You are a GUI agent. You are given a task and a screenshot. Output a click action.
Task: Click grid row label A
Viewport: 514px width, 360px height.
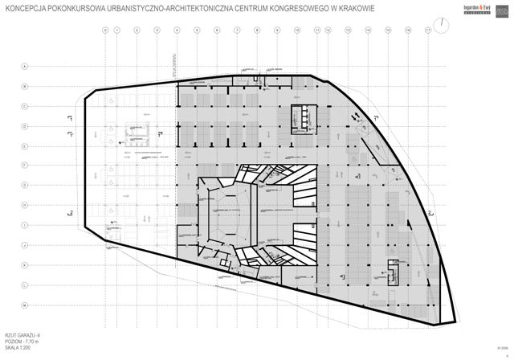24,67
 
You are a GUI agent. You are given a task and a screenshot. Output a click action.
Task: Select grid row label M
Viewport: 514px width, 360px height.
24,306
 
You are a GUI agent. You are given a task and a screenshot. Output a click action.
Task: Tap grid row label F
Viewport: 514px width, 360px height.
24,166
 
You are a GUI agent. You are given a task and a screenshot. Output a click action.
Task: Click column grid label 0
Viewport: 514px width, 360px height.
104,30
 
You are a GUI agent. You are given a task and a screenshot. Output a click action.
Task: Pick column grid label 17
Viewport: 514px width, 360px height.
428,30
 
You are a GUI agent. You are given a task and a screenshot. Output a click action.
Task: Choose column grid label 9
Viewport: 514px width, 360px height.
278,30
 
